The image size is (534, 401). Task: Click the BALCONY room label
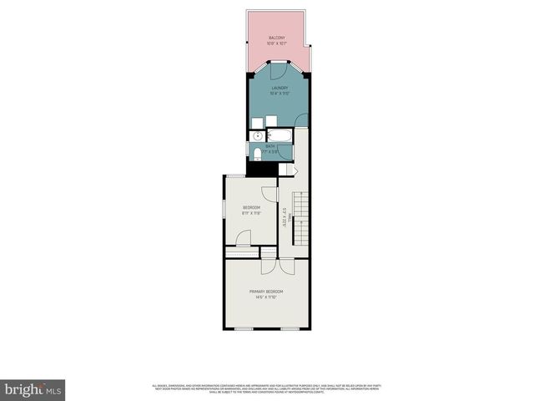click(x=277, y=38)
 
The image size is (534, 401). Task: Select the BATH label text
click(x=270, y=146)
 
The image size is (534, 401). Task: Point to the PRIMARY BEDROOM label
click(x=267, y=291)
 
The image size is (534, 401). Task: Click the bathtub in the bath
click(x=279, y=135)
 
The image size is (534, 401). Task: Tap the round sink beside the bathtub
click(x=258, y=135)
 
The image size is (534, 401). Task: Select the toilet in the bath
click(x=256, y=153)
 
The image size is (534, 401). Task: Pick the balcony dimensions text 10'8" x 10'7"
click(x=277, y=43)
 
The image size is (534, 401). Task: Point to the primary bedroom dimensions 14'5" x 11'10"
click(x=267, y=297)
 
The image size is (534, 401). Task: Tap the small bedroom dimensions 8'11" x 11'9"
click(x=251, y=213)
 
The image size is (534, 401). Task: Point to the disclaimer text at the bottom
click(x=267, y=388)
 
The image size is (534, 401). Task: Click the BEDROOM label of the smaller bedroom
click(x=251, y=207)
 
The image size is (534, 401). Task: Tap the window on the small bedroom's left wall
click(x=224, y=209)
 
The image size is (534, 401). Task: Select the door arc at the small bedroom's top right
click(x=269, y=194)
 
